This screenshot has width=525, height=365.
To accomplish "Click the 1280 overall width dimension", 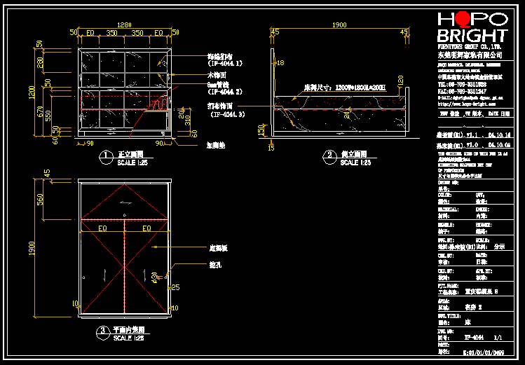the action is (x=124, y=25).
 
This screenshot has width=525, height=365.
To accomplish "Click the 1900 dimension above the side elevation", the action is (x=339, y=25).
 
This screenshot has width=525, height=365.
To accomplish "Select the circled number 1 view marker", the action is (x=105, y=155).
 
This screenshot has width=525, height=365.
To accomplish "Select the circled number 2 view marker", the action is (x=328, y=155).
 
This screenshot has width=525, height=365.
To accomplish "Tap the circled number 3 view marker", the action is (x=102, y=329).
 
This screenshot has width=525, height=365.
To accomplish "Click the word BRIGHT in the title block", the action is (x=472, y=36).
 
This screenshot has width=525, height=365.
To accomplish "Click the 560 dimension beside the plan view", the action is (x=40, y=200).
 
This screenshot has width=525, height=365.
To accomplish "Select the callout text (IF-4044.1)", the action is (x=224, y=63).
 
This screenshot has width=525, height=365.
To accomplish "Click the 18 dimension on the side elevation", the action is (x=280, y=64).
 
